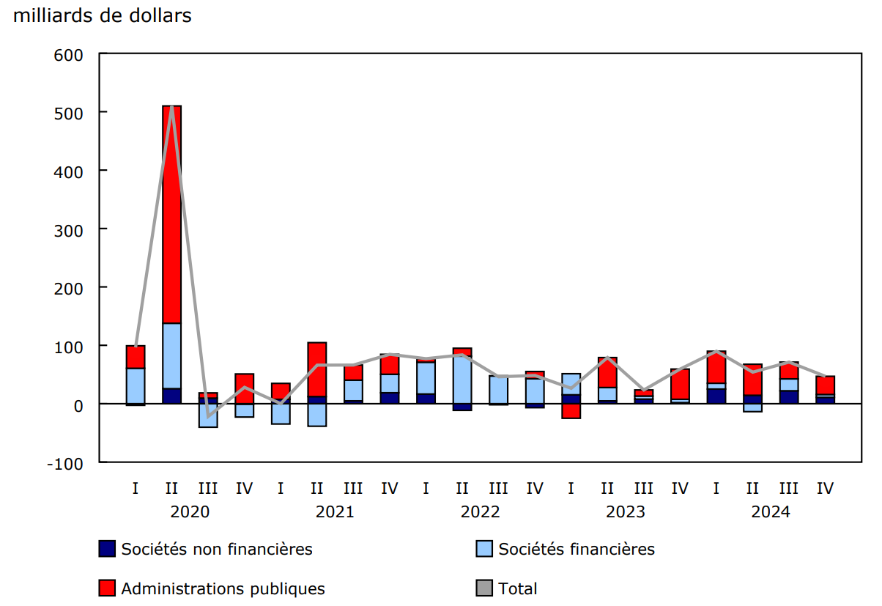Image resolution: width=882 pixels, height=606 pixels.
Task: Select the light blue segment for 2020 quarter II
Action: coord(171,355)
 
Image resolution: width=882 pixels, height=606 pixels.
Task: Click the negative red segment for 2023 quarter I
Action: coord(571,411)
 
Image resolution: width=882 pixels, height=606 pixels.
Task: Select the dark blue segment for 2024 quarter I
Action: coord(716,396)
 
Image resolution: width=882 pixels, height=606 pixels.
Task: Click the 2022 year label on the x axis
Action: coord(480,511)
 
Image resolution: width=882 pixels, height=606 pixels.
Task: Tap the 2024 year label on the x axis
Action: coord(771,511)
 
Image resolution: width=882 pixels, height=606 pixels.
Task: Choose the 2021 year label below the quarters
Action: coord(335,511)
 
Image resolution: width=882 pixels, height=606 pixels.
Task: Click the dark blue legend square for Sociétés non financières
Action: coord(107,548)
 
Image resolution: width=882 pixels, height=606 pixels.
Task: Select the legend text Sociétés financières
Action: coord(577,549)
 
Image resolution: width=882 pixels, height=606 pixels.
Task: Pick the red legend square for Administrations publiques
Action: coord(107,588)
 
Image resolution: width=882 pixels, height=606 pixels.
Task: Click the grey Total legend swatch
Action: coord(484,588)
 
